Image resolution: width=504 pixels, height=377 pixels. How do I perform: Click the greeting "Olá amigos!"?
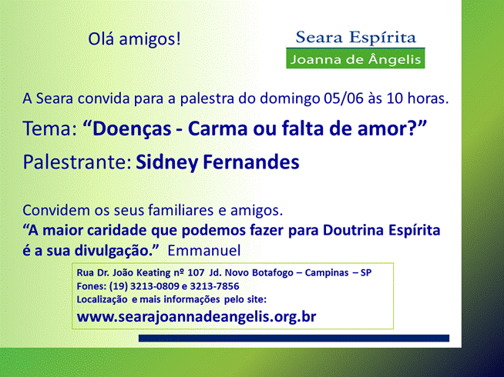pos(134,39)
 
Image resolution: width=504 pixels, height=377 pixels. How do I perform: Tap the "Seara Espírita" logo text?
pos(355,37)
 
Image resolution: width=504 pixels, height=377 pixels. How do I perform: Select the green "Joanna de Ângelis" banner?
pos(355,58)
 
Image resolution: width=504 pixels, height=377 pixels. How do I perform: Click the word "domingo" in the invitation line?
pos(290,98)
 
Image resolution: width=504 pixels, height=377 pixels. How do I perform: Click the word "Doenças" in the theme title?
pos(131,129)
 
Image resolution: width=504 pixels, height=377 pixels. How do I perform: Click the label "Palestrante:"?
pos(77,162)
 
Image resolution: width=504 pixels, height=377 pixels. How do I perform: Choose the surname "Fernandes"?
pos(251,162)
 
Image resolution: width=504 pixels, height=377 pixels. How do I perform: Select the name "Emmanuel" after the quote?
pos(204,250)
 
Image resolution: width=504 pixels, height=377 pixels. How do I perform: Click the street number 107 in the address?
pos(196,272)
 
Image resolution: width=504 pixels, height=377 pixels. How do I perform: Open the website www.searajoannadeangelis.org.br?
pos(197,317)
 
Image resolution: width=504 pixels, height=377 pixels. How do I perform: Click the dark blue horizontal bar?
pos(294,339)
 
